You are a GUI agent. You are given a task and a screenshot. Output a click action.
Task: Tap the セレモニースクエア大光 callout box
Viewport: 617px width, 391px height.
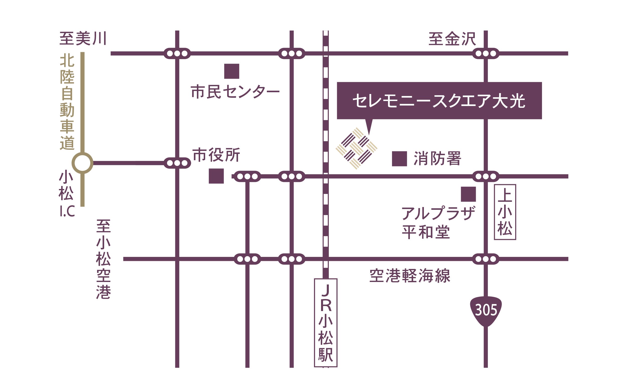click(x=439, y=101)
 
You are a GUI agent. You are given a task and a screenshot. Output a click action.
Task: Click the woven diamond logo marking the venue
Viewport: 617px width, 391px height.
click(x=356, y=148)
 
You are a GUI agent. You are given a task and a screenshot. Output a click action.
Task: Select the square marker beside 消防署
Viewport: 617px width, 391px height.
click(x=400, y=159)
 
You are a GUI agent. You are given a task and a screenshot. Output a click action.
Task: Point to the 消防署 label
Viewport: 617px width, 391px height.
click(x=437, y=158)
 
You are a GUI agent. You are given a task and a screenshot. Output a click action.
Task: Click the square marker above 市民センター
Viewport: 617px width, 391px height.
click(x=232, y=71)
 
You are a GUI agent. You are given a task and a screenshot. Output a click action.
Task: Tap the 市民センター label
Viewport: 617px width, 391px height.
click(x=235, y=91)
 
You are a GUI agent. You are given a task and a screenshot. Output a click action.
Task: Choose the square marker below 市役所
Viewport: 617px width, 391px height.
click(x=216, y=176)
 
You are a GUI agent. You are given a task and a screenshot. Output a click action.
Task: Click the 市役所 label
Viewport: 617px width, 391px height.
click(x=216, y=155)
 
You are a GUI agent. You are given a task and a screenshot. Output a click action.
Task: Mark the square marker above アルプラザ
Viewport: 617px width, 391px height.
click(x=468, y=194)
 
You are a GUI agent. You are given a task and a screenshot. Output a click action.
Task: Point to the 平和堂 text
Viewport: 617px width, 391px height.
click(x=426, y=232)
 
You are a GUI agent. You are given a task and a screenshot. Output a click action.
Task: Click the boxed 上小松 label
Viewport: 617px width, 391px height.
click(x=505, y=212)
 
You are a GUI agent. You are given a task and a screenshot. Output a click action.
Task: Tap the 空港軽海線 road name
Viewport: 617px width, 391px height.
click(x=410, y=276)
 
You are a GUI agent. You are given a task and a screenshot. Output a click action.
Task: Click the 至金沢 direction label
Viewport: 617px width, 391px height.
click(x=452, y=39)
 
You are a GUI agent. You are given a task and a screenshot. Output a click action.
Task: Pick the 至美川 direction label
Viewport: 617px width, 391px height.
click(x=83, y=38)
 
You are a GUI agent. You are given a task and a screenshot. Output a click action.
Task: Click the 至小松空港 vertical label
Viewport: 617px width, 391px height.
click(x=104, y=259)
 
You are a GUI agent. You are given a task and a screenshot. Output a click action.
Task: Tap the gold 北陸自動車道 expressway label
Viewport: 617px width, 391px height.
click(x=67, y=102)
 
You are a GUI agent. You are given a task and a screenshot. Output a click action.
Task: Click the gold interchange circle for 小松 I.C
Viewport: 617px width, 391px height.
click(x=83, y=163)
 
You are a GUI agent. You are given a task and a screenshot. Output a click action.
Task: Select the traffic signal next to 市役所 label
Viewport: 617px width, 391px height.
click(x=177, y=163)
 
